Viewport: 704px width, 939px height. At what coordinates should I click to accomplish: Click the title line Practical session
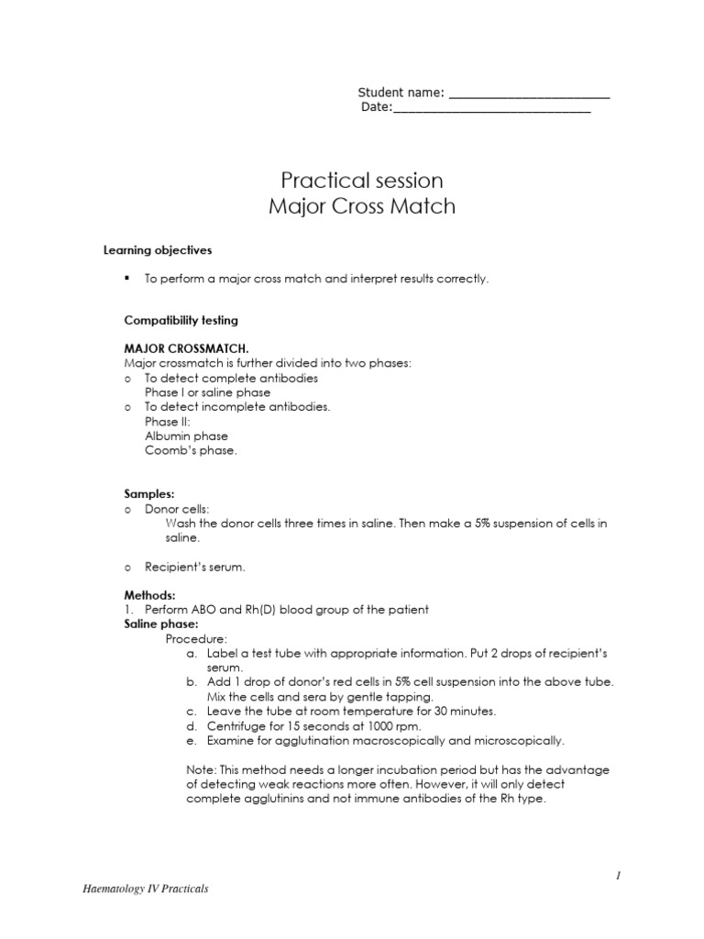pyautogui.click(x=361, y=180)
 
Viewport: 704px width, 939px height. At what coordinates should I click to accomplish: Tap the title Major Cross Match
pyautogui.click(x=361, y=206)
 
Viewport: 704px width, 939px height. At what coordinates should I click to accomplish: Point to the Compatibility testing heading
pyautogui.click(x=181, y=320)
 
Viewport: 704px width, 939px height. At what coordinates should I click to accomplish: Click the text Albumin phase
pyautogui.click(x=186, y=436)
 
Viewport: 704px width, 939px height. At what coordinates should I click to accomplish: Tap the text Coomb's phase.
pyautogui.click(x=191, y=450)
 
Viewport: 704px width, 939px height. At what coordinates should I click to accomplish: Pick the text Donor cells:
pyautogui.click(x=176, y=508)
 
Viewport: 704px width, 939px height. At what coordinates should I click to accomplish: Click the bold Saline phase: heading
pyautogui.click(x=161, y=624)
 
